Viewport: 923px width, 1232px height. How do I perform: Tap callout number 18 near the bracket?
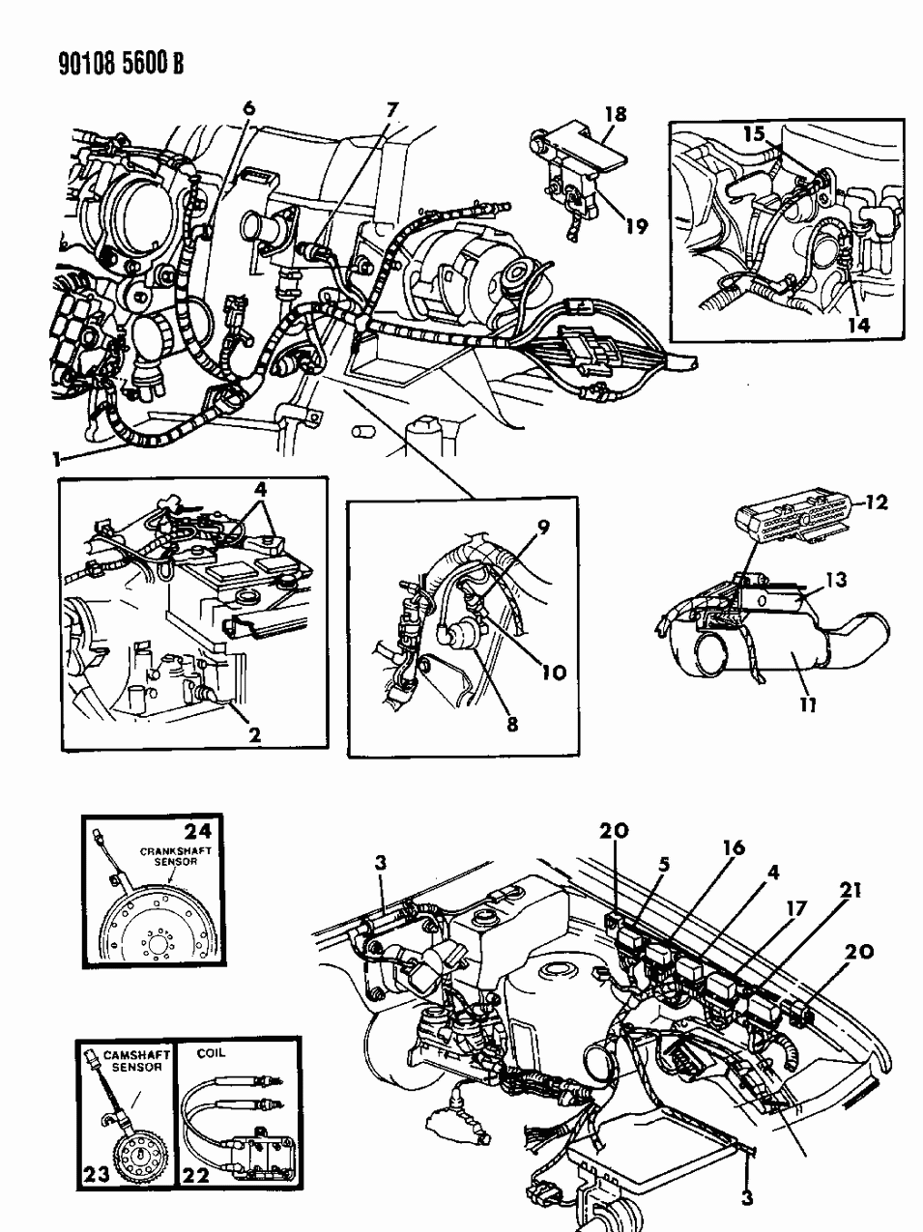[x=614, y=115]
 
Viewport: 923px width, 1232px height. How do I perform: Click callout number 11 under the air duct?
[x=808, y=704]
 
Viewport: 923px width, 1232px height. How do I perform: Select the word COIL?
[x=211, y=1053]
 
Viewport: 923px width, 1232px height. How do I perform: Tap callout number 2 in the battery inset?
[x=254, y=734]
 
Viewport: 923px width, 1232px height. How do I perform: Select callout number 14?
[x=858, y=326]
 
